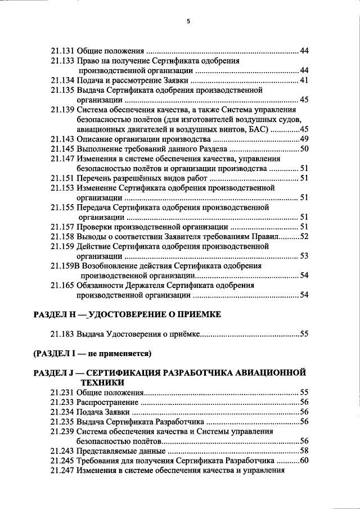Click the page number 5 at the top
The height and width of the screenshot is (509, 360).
(188, 21)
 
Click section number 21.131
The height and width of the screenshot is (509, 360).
(62, 51)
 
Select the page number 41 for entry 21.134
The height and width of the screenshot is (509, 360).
(304, 80)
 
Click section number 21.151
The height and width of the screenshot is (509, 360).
(62, 178)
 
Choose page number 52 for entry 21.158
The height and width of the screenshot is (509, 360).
(304, 236)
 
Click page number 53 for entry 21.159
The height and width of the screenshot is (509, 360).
(304, 256)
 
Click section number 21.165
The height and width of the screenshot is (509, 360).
(62, 285)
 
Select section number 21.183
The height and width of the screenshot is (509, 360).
(62, 334)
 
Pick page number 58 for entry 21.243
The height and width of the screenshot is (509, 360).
(304, 451)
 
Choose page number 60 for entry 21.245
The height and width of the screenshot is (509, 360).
(304, 461)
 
